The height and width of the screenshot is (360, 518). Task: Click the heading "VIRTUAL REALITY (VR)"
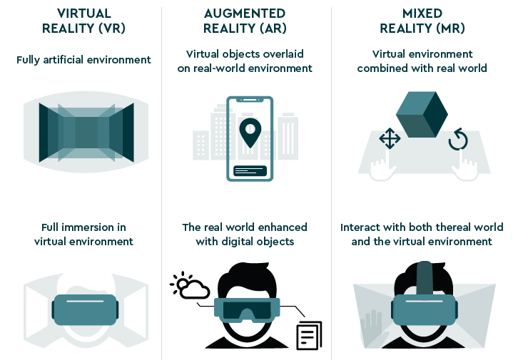pos(83,21)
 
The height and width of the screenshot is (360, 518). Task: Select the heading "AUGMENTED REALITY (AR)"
pos(245,21)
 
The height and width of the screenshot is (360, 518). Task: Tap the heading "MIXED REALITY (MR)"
pos(422,21)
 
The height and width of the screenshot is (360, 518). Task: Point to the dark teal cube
pos(422,113)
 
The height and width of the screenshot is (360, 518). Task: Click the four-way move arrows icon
pos(389,139)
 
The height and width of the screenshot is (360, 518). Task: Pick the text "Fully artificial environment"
pos(83,60)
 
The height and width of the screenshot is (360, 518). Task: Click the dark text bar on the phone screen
pos(249,171)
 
